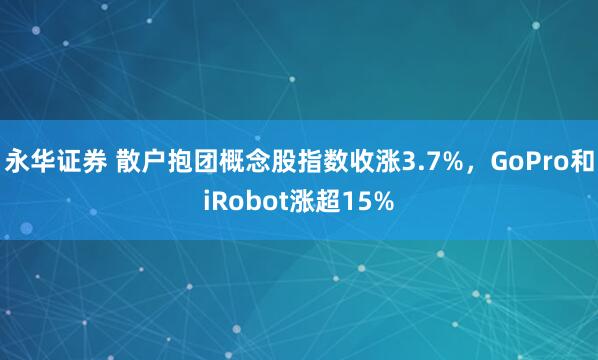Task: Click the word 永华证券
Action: (x=48, y=161)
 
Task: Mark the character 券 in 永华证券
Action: (x=83, y=161)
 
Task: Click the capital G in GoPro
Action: (x=484, y=161)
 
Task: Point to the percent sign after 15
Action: (x=380, y=201)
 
